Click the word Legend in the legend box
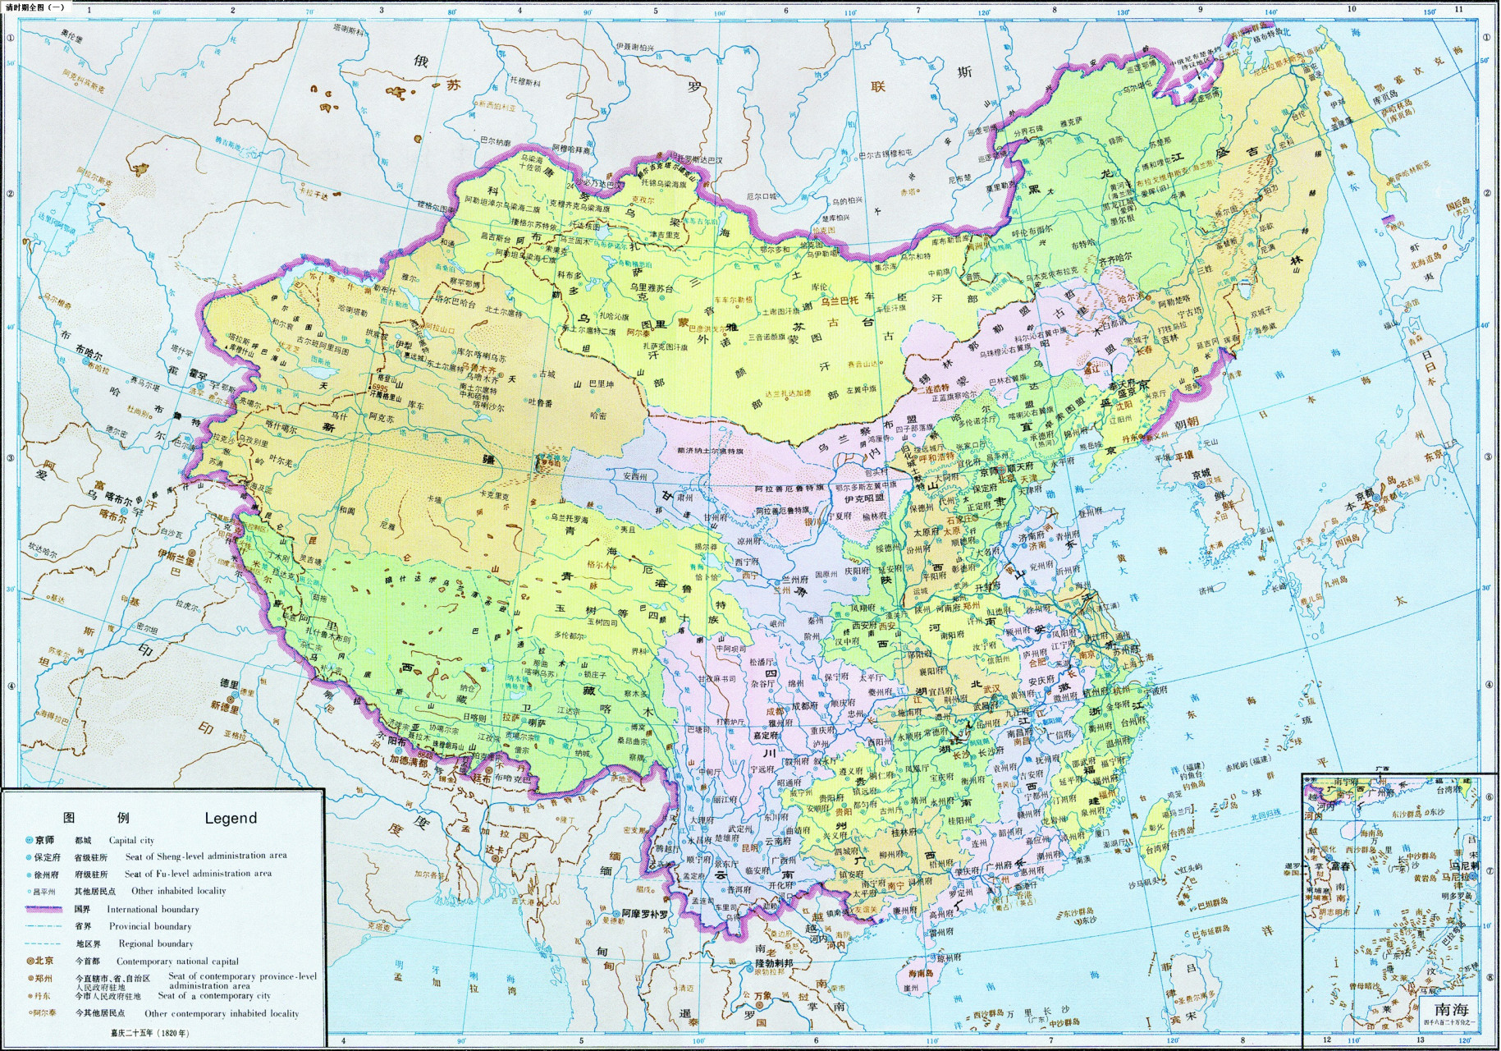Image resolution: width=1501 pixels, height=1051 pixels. [x=231, y=818]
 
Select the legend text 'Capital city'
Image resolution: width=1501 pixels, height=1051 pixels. [x=131, y=840]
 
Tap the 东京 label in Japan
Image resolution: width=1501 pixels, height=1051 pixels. [x=1434, y=456]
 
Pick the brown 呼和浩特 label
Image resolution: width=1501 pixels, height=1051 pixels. [x=935, y=457]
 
